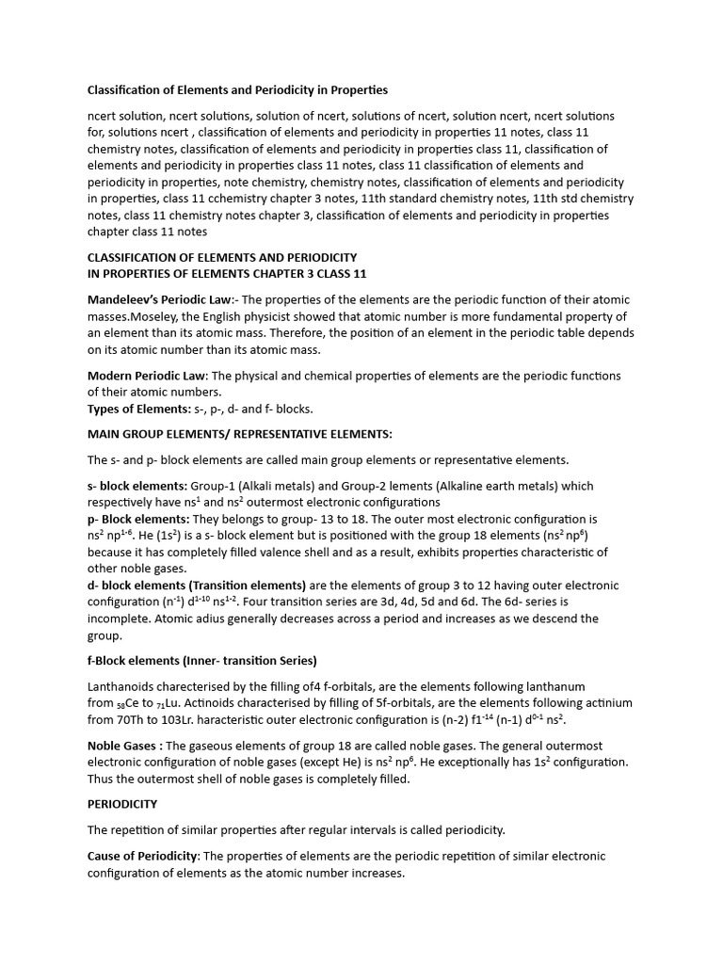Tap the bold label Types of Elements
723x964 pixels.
(137, 410)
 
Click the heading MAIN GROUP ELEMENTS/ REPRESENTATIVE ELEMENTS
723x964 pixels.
(239, 434)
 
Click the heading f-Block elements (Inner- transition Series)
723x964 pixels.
(201, 660)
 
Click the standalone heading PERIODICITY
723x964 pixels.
(122, 804)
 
